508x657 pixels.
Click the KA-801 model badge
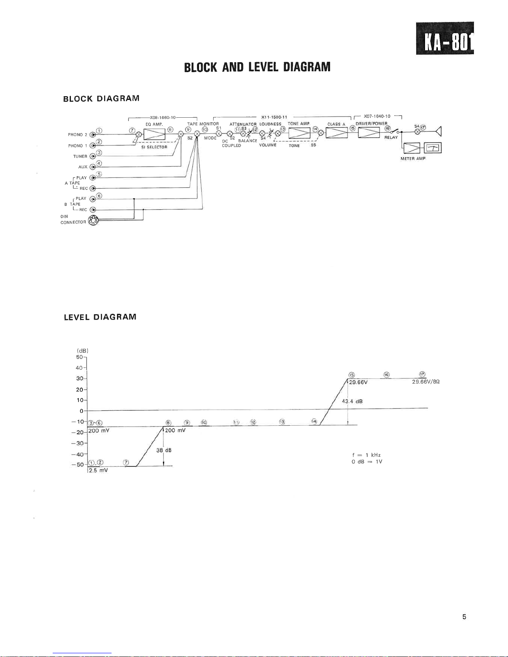click(x=445, y=38)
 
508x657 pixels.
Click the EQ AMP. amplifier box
click(x=154, y=134)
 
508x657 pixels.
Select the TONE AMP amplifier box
click(x=299, y=133)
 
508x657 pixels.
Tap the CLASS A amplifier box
click(x=336, y=133)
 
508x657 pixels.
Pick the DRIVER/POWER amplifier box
click(x=369, y=132)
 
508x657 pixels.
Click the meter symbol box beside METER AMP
click(x=433, y=148)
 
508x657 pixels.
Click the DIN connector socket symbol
click(x=94, y=221)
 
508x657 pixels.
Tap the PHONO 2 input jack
click(x=93, y=134)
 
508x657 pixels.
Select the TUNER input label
click(x=80, y=157)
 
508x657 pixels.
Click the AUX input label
click(x=83, y=167)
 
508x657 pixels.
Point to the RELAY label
click(x=391, y=138)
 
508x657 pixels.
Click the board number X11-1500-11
click(x=274, y=117)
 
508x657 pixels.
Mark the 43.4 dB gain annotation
click(x=352, y=401)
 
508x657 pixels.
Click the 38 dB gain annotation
click(x=164, y=450)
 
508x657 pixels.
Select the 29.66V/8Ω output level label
click(x=425, y=382)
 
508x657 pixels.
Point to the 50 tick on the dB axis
click(x=80, y=357)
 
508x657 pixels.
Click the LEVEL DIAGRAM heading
click(x=100, y=317)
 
